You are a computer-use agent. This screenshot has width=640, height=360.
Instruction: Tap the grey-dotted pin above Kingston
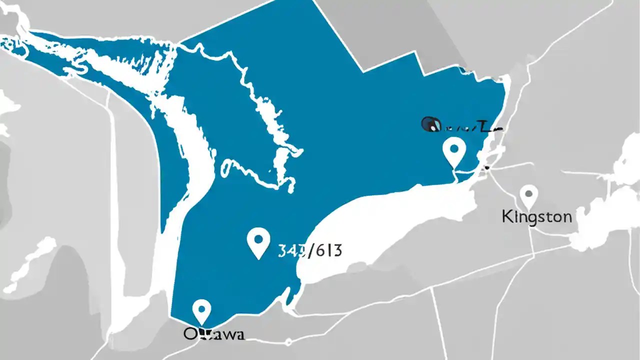[x=528, y=195]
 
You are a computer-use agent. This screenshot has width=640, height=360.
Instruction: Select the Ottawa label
[x=213, y=334]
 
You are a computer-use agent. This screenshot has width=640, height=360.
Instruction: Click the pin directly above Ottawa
[x=201, y=311]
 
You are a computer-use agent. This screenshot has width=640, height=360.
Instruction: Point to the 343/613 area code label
[x=310, y=250]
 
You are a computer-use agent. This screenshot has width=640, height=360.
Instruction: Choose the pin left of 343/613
[x=258, y=242]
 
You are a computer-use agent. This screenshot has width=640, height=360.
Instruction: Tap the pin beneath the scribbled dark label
[x=454, y=151]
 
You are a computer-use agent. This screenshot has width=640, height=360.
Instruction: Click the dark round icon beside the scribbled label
[x=430, y=124]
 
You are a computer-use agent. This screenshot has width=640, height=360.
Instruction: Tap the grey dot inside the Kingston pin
[x=528, y=192]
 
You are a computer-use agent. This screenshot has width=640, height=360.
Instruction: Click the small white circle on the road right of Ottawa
[x=288, y=342]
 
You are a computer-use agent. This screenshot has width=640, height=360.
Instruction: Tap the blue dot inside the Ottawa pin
[x=201, y=307]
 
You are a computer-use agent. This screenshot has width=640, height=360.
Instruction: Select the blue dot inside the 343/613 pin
[x=258, y=238]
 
